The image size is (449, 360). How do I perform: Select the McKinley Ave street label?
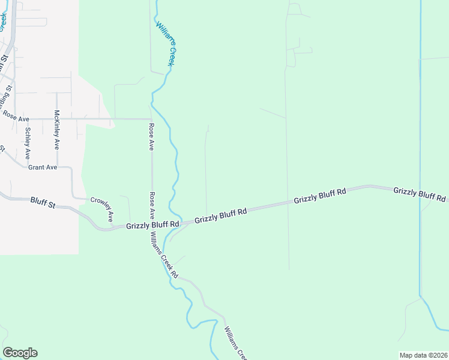click(x=57, y=130)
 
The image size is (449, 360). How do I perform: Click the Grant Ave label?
click(x=43, y=167)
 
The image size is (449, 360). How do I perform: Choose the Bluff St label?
click(x=43, y=204)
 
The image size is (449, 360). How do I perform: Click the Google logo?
click(x=20, y=353)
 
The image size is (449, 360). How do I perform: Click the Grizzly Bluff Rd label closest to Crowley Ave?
click(x=153, y=225)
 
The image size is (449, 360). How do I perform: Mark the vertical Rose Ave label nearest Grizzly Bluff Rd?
click(x=152, y=205)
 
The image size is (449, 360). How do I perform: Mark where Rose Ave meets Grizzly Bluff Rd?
click(x=152, y=226)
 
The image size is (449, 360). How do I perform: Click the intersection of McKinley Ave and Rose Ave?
click(x=57, y=119)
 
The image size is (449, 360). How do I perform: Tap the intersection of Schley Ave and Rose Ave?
click(x=28, y=119)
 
